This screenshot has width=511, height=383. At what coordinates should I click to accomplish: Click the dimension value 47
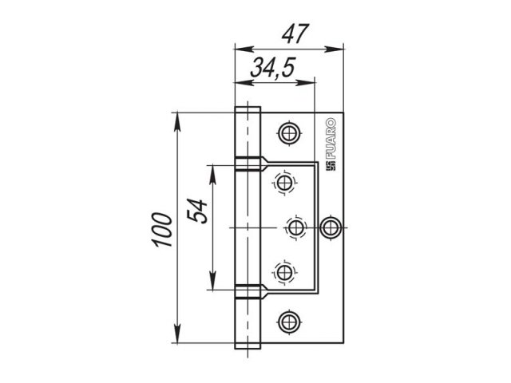[295, 34]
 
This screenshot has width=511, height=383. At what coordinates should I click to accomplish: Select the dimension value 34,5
[273, 67]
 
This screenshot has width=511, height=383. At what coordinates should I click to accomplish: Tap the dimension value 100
[162, 230]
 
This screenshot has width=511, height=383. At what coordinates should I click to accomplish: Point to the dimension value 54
[197, 211]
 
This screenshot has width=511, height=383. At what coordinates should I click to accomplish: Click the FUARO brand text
[331, 138]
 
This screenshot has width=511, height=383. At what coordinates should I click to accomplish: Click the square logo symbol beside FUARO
[331, 166]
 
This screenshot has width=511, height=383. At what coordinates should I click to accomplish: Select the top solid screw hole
[289, 133]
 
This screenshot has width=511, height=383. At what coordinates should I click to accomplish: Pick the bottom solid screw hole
[289, 322]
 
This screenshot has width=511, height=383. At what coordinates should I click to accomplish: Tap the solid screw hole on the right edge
[331, 227]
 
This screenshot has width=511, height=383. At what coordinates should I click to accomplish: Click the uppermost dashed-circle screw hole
[284, 183]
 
